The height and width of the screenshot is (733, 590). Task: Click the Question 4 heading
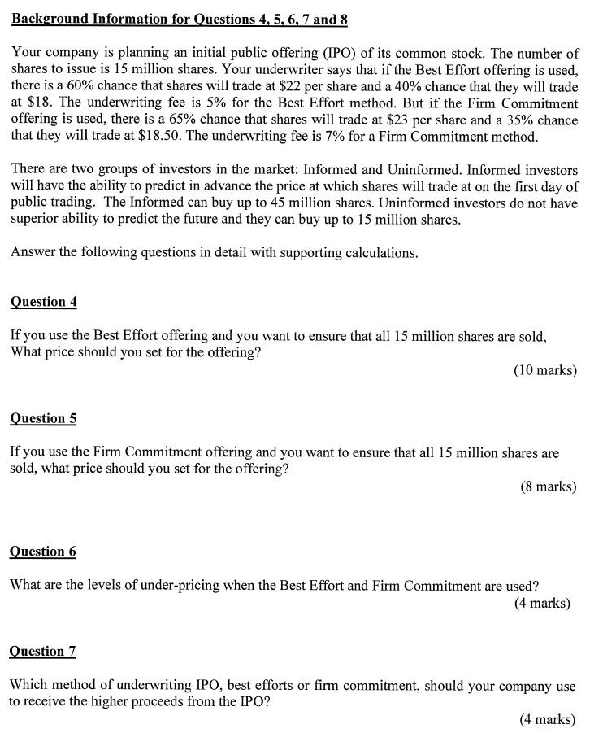click(x=44, y=302)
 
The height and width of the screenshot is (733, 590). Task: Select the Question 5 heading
click(x=44, y=418)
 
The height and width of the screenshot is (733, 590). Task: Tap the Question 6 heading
click(x=43, y=552)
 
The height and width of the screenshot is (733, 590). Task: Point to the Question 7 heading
click(x=42, y=651)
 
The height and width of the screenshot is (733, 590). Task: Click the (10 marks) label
click(x=544, y=370)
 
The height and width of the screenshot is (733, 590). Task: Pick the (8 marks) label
click(x=548, y=486)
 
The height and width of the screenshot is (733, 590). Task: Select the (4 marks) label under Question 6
click(x=542, y=603)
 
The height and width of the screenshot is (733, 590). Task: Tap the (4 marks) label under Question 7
click(x=547, y=719)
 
